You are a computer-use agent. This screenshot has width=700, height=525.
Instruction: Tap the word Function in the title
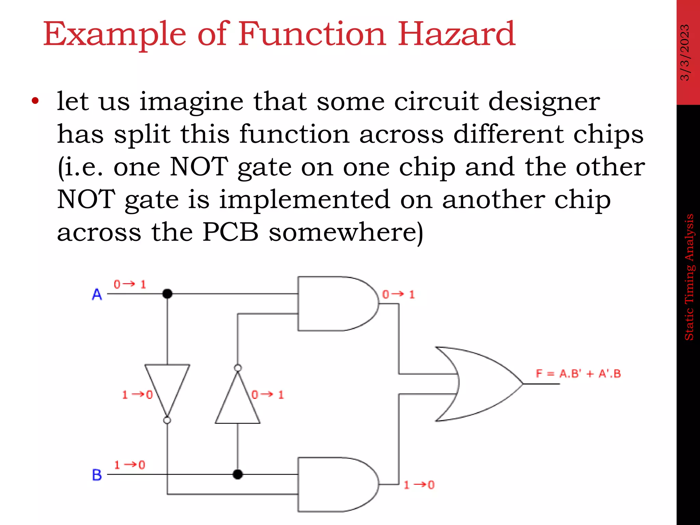[312, 34]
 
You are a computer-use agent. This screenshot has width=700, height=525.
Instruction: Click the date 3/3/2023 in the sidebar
[685, 52]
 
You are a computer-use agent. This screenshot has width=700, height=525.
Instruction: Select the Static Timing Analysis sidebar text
[689, 277]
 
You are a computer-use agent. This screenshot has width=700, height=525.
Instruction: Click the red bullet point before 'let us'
[35, 101]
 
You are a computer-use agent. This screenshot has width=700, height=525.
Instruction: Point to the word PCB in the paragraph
[230, 232]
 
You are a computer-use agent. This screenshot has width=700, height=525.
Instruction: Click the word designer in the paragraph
[544, 102]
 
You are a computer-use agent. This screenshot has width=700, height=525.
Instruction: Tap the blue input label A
[97, 294]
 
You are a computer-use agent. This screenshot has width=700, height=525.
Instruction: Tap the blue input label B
[97, 475]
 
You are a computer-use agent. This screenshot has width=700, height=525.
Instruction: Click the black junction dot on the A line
[167, 294]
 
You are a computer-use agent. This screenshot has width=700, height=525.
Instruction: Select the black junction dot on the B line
[238, 474]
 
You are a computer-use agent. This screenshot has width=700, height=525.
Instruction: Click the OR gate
[479, 384]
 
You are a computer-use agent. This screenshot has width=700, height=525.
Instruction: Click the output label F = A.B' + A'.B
[578, 373]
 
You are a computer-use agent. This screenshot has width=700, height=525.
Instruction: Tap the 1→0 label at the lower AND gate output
[419, 485]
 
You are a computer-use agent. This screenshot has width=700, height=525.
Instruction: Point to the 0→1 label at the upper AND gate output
[398, 294]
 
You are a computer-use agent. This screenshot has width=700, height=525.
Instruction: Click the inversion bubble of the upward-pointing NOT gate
[238, 368]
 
